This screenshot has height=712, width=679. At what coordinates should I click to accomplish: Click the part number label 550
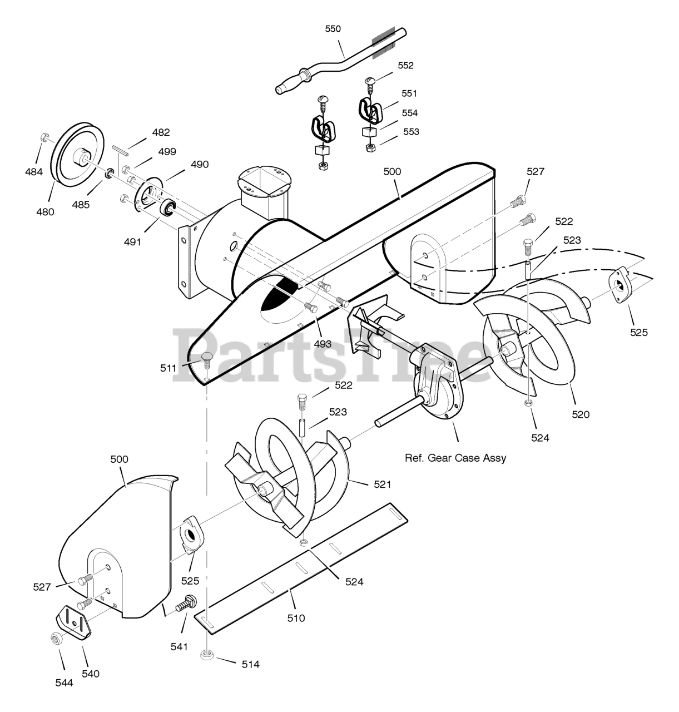coord(333,29)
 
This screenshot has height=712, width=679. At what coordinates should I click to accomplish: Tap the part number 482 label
coord(161,132)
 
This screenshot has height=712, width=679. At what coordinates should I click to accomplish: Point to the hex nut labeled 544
coord(56,639)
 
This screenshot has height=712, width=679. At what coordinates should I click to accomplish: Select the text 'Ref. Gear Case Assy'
coord(455,458)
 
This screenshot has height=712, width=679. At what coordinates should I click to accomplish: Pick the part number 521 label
coord(383,484)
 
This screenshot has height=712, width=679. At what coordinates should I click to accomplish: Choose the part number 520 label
coord(581,414)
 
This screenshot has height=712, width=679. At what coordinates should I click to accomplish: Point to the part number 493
coord(323,344)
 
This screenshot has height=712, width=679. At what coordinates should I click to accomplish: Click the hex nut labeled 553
coord(370,148)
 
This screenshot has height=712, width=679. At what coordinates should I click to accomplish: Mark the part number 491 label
coord(132,241)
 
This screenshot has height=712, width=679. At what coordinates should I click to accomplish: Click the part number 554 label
coord(410,113)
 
